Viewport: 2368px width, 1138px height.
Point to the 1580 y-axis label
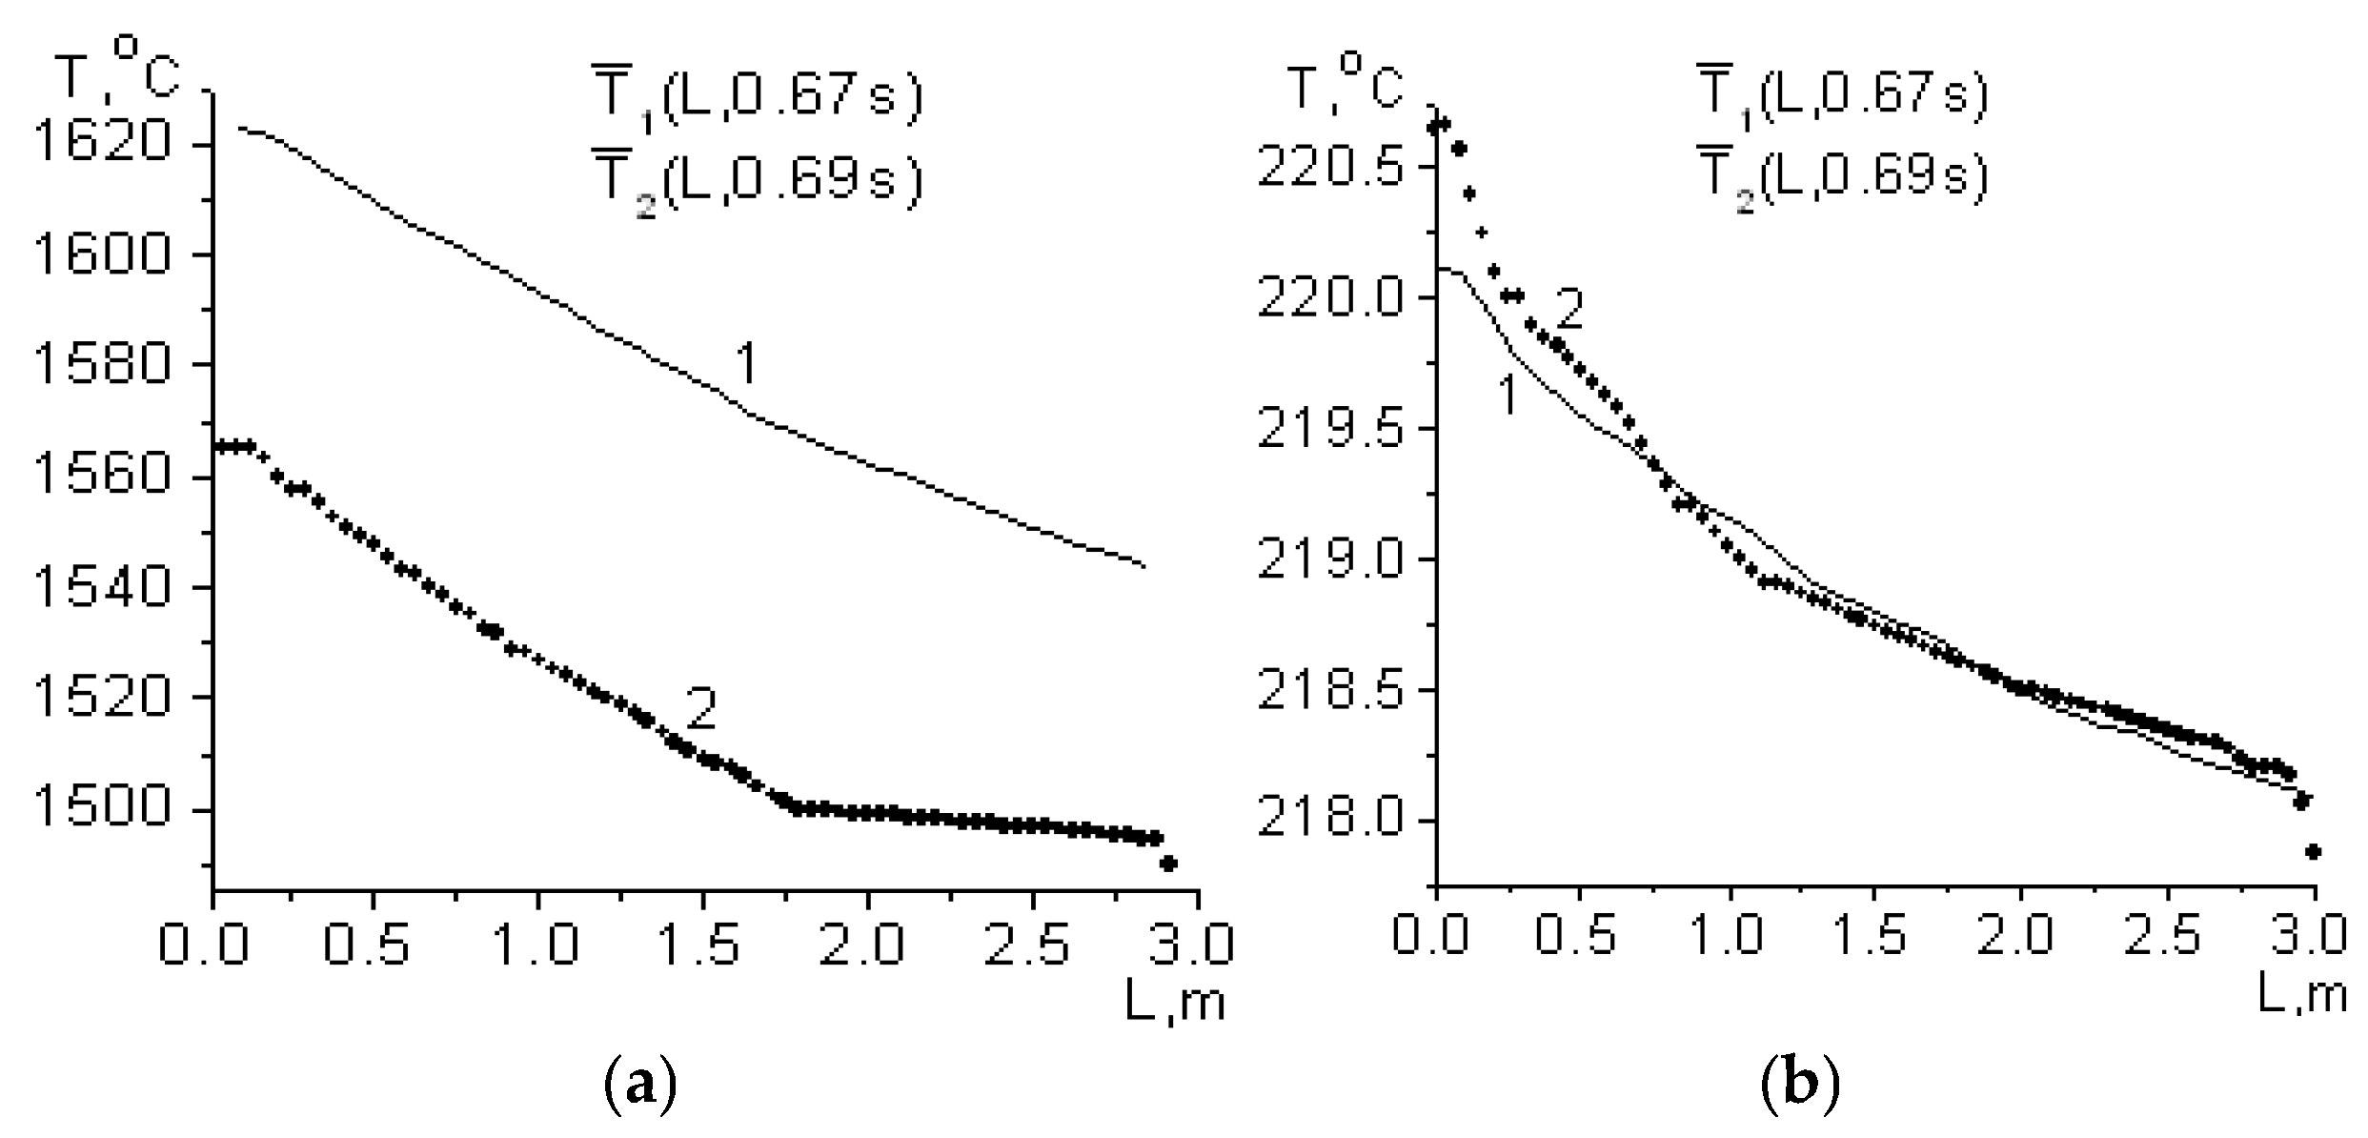[x=102, y=364]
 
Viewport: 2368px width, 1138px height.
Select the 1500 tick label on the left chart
[x=102, y=809]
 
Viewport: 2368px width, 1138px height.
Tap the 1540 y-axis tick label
[x=102, y=587]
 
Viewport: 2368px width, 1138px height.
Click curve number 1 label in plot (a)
[x=746, y=364]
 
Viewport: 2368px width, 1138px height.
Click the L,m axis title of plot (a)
[x=1175, y=1003]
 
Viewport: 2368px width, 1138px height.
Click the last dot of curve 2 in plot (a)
[x=1169, y=864]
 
